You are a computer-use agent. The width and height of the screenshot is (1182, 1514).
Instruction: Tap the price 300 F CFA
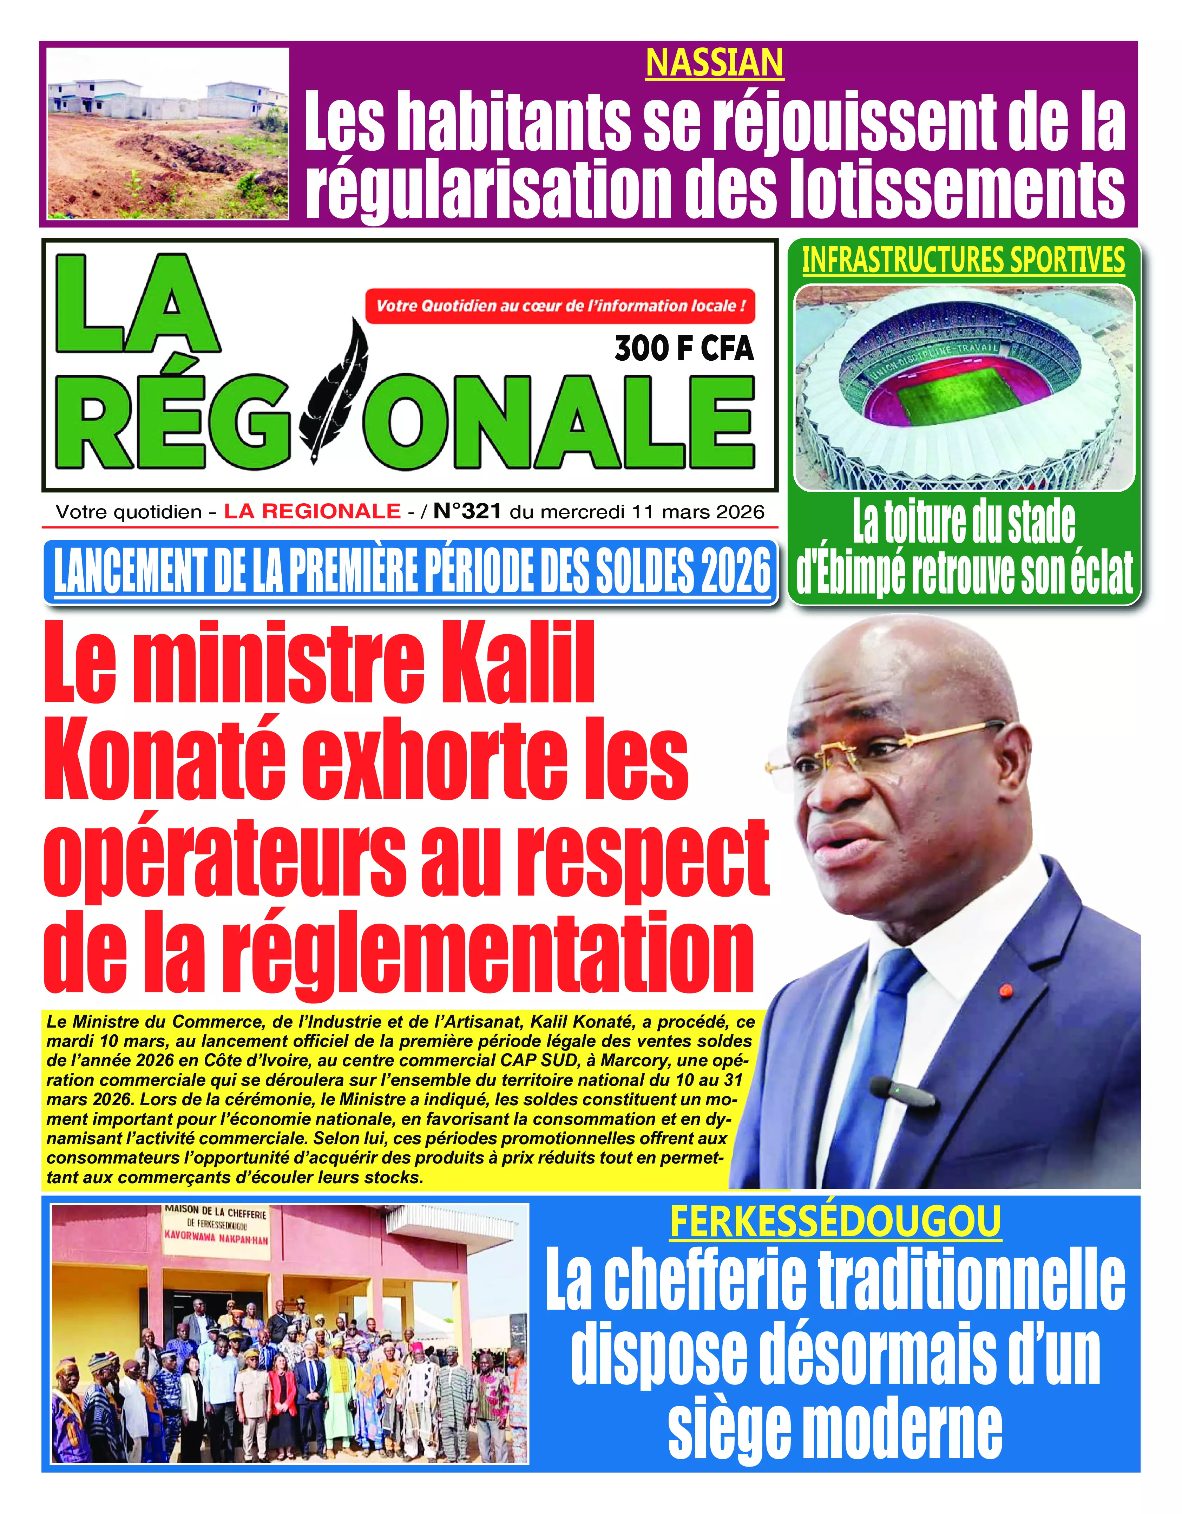[684, 348]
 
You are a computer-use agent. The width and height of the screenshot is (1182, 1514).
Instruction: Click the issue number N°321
[467, 512]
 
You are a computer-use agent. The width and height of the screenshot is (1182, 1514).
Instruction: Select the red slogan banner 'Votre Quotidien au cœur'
[560, 306]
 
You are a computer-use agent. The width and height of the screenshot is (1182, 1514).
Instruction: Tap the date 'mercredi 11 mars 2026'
[652, 512]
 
